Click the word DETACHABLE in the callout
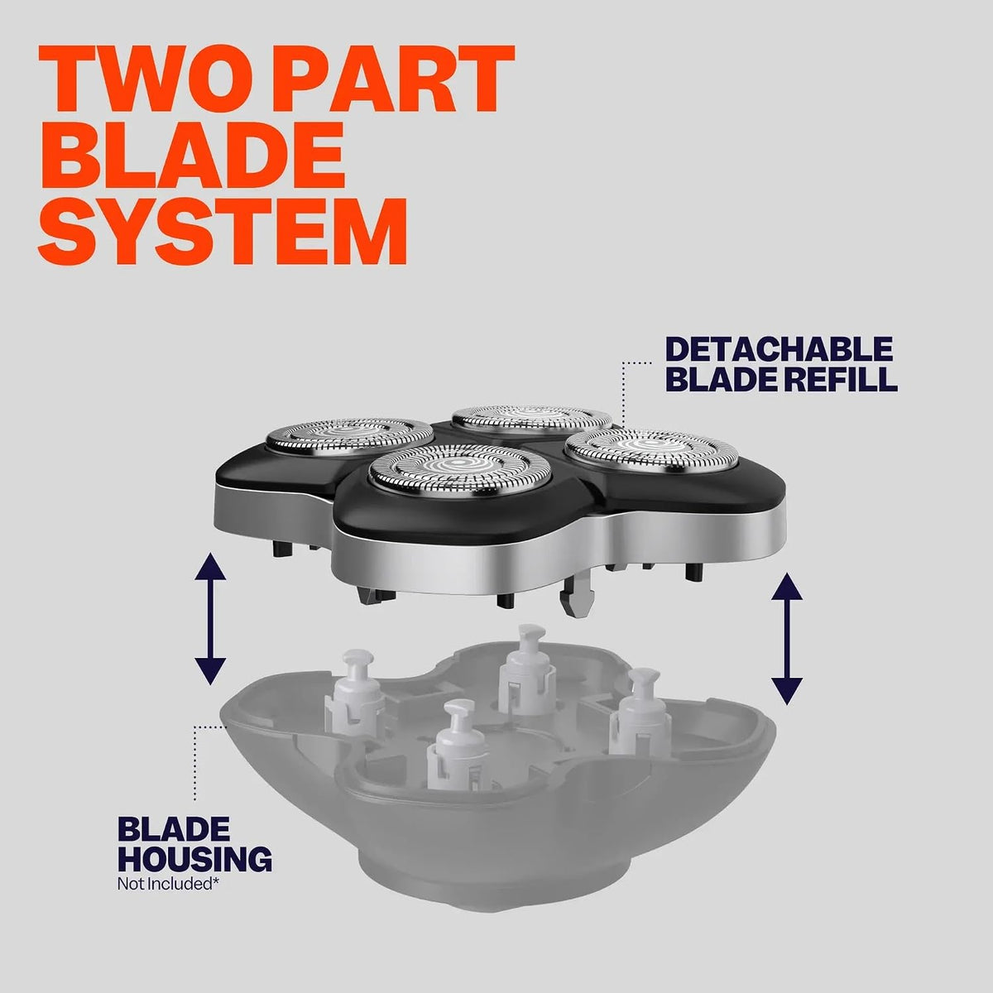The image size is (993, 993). pos(779,349)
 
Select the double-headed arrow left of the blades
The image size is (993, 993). pos(210,618)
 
